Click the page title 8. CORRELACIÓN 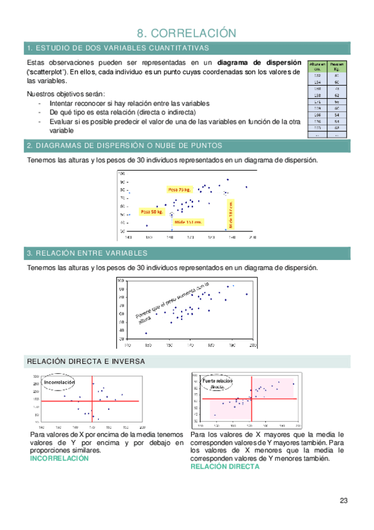click(187, 32)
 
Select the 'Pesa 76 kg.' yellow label click(179, 189)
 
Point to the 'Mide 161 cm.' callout click(189, 222)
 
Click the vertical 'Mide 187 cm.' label click(230, 212)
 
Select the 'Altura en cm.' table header click(317, 66)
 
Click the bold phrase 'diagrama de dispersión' click(258, 63)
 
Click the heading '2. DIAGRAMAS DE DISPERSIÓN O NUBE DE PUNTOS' click(124, 146)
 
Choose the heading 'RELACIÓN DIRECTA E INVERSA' click(86, 362)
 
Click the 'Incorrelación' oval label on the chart click(58, 382)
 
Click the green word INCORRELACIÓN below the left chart click(59, 458)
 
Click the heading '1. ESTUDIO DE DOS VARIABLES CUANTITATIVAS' click(117, 48)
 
